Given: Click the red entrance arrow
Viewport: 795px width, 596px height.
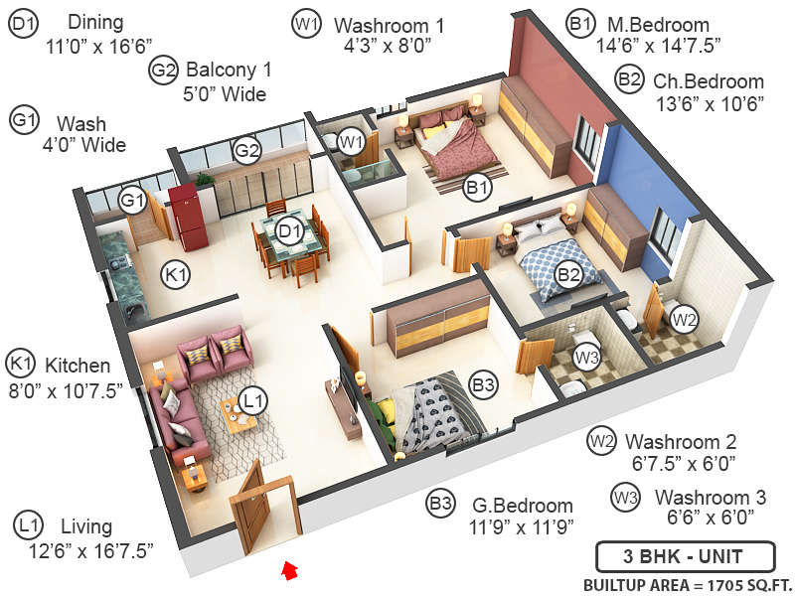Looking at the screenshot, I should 289,569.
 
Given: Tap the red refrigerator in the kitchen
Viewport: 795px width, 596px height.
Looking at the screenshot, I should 185,216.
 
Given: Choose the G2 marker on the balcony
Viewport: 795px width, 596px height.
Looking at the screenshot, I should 246,151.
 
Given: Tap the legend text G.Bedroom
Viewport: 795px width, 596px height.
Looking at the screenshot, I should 523,506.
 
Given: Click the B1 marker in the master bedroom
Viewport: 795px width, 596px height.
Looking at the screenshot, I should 478,186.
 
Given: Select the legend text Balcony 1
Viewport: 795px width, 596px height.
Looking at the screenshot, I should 228,72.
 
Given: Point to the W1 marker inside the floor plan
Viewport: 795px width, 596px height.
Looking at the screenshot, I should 350,142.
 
